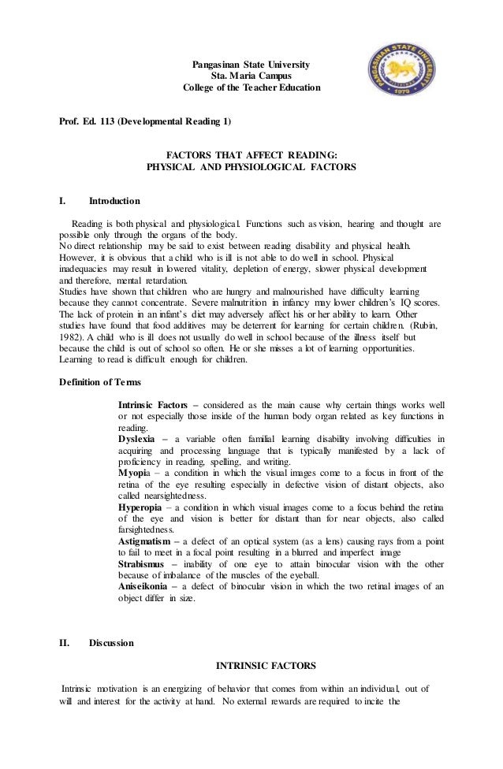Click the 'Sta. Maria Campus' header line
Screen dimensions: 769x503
tap(251, 76)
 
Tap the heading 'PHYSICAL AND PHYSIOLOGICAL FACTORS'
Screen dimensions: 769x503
tap(251, 168)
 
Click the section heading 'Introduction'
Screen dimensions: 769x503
tap(114, 200)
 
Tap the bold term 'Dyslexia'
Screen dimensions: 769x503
tap(138, 438)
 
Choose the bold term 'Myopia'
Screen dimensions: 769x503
tap(135, 473)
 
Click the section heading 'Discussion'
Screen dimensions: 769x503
tap(111, 643)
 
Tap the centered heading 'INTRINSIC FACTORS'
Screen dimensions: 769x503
tap(261, 665)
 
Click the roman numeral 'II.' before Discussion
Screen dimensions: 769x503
tap(65, 643)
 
